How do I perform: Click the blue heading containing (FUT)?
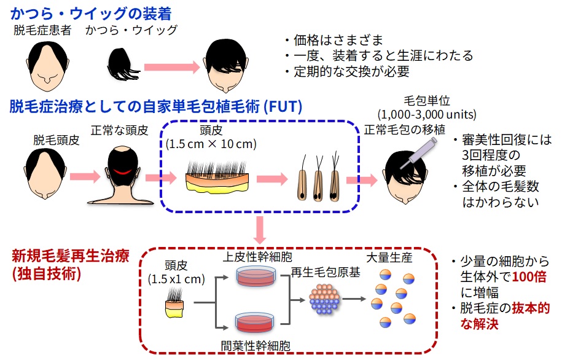pyautogui.click(x=156, y=107)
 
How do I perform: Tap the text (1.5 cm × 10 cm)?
pyautogui.click(x=211, y=145)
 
